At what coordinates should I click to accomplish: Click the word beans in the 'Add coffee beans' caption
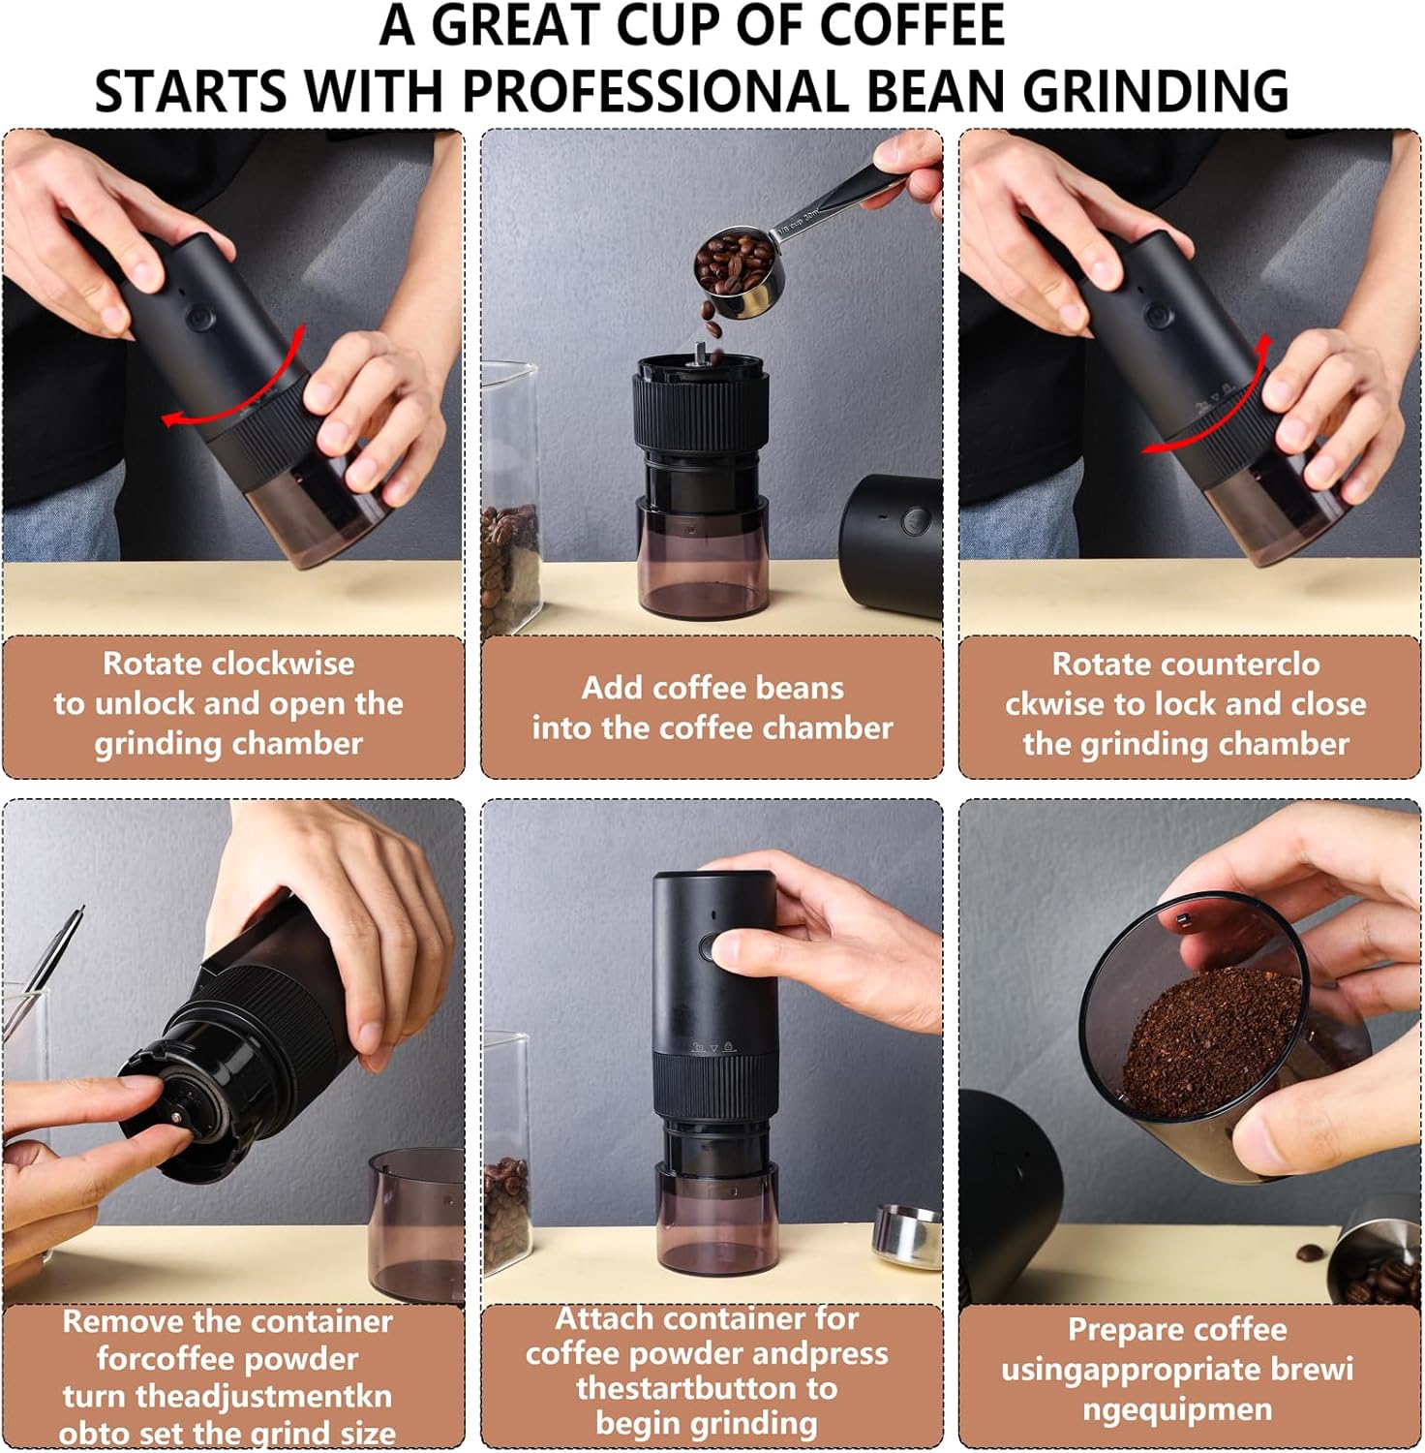coord(801,688)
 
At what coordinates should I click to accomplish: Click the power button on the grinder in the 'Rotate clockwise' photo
coord(201,318)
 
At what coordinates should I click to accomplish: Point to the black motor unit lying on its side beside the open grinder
coord(891,544)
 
